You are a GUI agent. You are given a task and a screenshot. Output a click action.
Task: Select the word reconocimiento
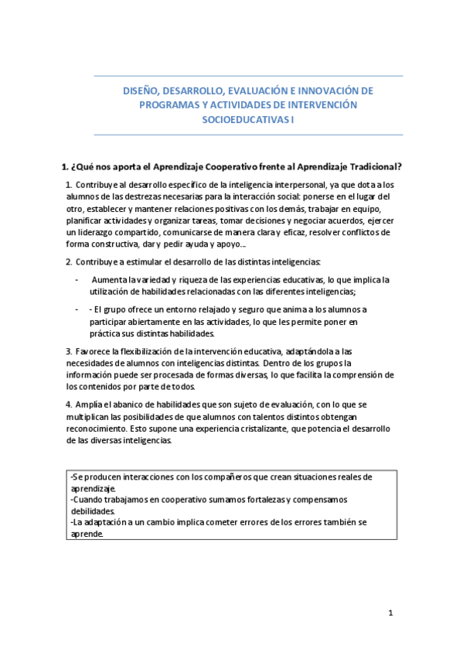tap(100, 428)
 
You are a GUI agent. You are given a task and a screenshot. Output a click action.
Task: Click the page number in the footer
tap(391, 613)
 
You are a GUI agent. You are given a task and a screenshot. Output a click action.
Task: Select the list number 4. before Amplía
tap(70, 404)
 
